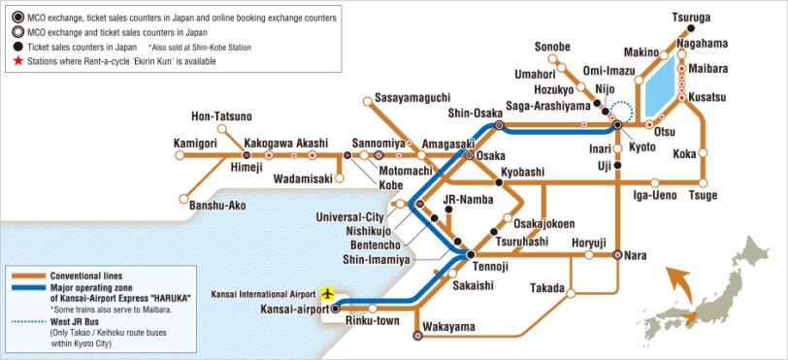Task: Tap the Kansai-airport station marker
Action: [336, 308]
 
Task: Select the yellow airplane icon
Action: [329, 292]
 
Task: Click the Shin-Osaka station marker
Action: [499, 125]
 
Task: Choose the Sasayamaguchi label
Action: [411, 99]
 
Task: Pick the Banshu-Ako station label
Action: [217, 205]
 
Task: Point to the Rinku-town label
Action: [375, 321]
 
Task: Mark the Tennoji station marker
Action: [471, 255]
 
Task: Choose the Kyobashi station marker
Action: [499, 181]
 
